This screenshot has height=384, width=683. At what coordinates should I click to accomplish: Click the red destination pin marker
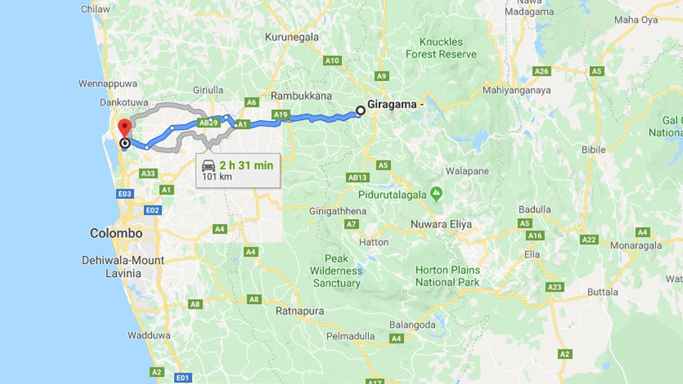[124, 129]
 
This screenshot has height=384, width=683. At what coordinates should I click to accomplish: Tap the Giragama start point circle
[360, 111]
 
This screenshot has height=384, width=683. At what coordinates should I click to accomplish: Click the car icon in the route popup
[209, 165]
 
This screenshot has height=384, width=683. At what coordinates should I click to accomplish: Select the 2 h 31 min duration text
[246, 165]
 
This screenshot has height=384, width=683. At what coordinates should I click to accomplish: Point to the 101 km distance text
[217, 177]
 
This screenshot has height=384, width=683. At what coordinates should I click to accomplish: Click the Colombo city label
[116, 233]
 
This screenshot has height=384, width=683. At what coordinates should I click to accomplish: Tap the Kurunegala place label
[292, 37]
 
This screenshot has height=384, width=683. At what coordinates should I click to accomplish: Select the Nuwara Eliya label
[441, 224]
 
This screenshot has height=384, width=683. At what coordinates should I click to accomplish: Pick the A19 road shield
[280, 115]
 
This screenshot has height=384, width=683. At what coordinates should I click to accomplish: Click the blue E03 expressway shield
[125, 194]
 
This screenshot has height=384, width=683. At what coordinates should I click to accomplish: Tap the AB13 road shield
[357, 178]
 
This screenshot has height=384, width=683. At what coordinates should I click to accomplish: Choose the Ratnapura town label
[299, 310]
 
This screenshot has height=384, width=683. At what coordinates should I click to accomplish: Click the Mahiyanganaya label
[517, 90]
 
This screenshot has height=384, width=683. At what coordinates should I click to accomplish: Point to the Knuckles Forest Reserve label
[441, 48]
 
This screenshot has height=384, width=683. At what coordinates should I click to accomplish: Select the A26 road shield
[542, 71]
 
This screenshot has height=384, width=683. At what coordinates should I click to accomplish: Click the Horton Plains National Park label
[447, 276]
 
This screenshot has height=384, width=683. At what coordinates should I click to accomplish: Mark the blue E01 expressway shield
[182, 378]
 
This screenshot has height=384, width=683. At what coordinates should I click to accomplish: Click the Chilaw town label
[96, 9]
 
